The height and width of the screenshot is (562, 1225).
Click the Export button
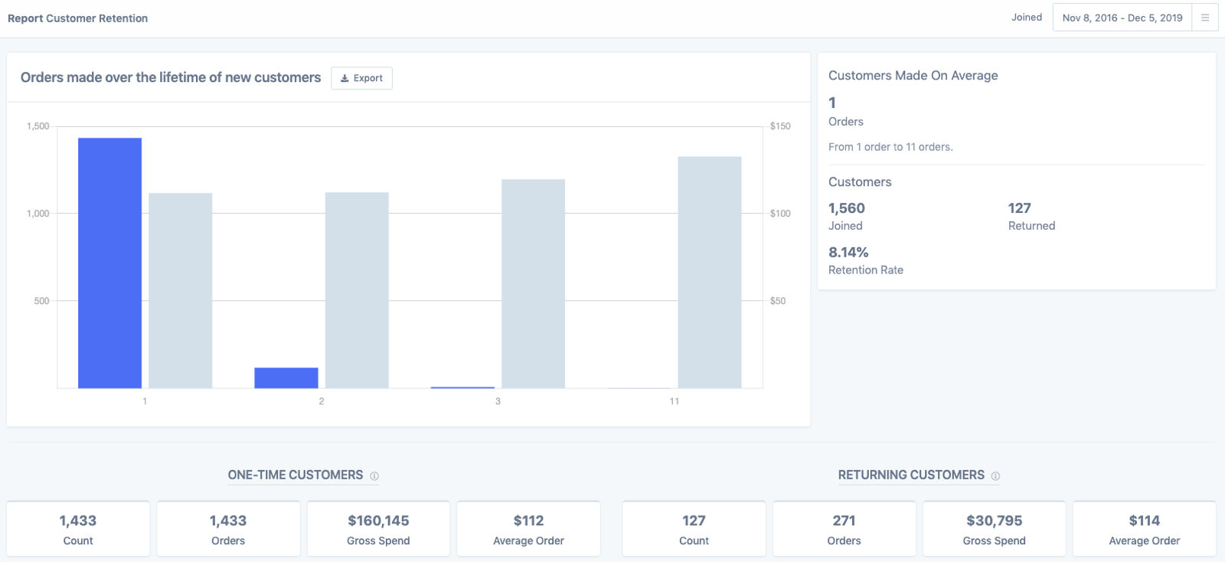click(x=361, y=78)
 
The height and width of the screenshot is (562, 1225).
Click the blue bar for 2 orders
click(x=286, y=377)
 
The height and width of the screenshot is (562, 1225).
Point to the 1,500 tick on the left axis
click(x=38, y=126)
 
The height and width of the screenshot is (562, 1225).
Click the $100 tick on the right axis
click(x=780, y=214)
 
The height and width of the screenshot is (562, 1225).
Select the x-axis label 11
click(x=674, y=401)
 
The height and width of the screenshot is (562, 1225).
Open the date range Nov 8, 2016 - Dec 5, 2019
click(x=1122, y=18)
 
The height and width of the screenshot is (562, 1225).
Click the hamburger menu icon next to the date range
click(x=1204, y=18)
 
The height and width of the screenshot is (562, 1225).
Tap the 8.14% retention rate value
click(x=848, y=253)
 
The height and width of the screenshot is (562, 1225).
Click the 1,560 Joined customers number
click(x=846, y=208)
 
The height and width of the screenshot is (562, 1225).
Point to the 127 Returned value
click(x=1019, y=208)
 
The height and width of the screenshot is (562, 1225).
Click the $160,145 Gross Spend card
click(x=378, y=528)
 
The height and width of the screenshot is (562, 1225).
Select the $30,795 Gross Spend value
click(x=994, y=521)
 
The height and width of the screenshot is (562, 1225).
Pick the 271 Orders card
click(x=844, y=528)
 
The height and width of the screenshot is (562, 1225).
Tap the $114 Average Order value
click(x=1144, y=521)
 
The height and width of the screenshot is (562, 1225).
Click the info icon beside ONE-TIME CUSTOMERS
click(x=374, y=476)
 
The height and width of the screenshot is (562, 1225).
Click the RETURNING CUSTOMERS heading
click(x=911, y=475)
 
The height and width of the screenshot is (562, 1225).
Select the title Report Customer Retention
click(x=77, y=18)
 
